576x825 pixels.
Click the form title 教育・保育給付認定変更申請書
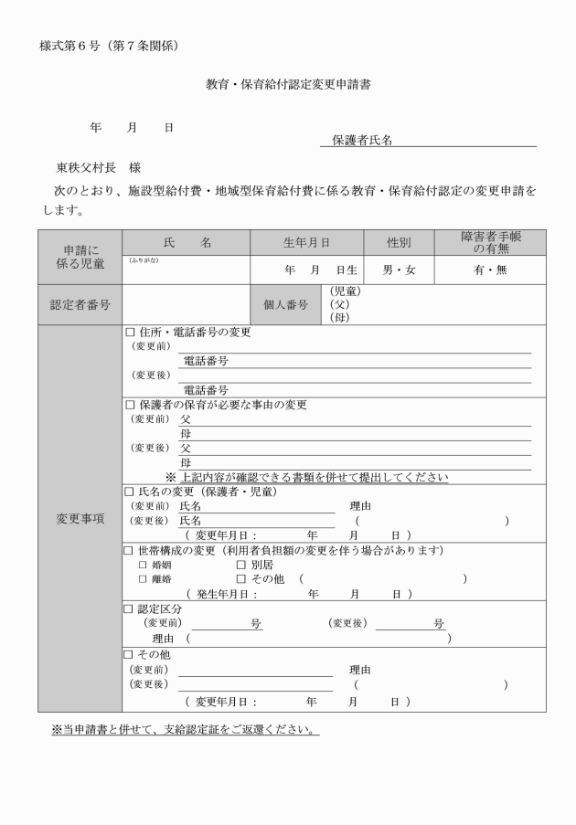(x=288, y=84)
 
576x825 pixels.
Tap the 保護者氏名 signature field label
(x=362, y=140)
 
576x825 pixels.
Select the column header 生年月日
(x=306, y=242)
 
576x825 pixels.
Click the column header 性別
(x=399, y=242)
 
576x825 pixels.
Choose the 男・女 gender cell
(x=399, y=270)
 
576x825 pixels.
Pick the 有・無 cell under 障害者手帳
(x=490, y=270)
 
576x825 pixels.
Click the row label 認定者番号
(x=80, y=305)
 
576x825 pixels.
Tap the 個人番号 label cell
(x=286, y=305)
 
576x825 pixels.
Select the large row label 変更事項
(x=80, y=518)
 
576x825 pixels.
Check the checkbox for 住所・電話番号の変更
(x=129, y=333)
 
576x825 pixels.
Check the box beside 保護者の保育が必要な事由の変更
(x=129, y=405)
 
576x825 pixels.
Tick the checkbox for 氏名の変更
(x=129, y=492)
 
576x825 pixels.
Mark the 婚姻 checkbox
(x=143, y=565)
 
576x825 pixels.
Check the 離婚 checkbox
(x=143, y=579)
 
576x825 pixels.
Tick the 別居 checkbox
(x=241, y=565)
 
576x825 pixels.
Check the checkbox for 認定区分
(x=129, y=608)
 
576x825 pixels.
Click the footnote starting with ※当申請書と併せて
(x=185, y=730)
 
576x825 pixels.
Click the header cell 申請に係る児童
(x=80, y=256)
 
